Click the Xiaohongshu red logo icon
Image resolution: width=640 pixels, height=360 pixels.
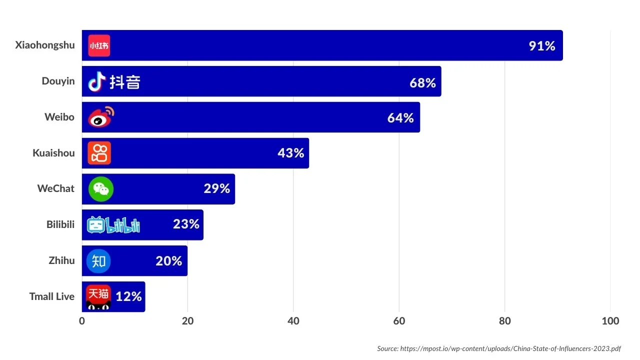click(99, 45)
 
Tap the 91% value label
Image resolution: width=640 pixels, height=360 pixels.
click(542, 46)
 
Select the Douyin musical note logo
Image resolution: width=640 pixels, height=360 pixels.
click(97, 81)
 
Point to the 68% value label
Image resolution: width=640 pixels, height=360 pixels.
click(422, 82)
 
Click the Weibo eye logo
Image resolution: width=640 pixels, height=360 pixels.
click(101, 117)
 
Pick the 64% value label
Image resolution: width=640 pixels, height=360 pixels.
click(400, 118)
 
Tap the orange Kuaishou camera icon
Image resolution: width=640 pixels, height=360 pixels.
click(99, 153)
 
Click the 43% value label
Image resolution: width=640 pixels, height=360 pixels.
click(290, 153)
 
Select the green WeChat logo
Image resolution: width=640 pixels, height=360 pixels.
click(101, 189)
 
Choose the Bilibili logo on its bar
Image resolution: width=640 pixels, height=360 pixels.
click(113, 225)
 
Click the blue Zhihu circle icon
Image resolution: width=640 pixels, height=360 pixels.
click(98, 261)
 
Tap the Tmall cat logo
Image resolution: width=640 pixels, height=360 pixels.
click(98, 297)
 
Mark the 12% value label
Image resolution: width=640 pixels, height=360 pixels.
click(128, 296)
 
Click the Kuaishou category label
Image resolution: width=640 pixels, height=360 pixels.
click(53, 153)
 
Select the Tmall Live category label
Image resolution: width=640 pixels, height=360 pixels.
click(51, 296)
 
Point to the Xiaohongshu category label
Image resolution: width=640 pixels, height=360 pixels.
click(45, 45)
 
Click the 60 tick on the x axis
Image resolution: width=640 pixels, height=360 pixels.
click(399, 321)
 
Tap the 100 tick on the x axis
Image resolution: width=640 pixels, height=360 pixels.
click(610, 321)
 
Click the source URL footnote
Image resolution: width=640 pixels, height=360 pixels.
click(498, 348)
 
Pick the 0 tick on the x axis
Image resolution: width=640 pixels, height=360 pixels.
click(82, 321)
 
